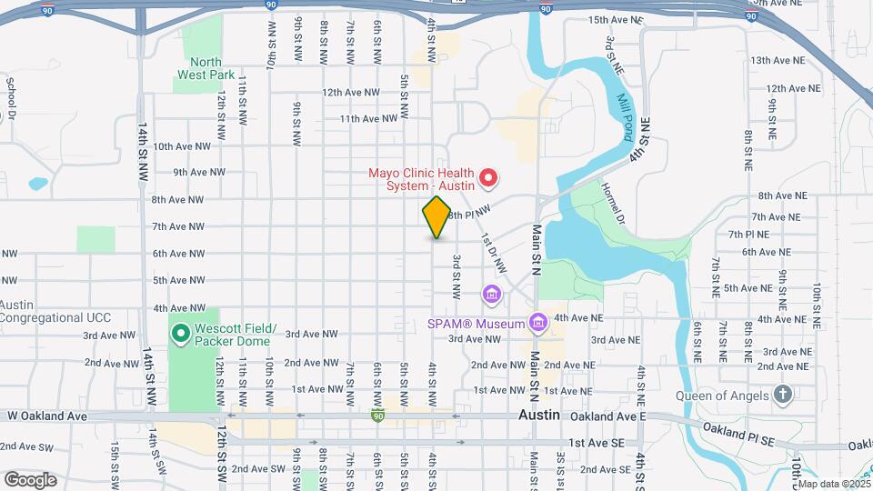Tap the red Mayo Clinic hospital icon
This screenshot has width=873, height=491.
[488, 177]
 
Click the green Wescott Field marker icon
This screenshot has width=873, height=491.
[180, 335]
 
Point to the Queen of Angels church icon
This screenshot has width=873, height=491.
[781, 395]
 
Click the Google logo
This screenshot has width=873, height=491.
[30, 479]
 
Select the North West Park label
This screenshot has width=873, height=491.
[206, 68]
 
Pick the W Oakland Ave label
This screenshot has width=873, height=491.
[46, 416]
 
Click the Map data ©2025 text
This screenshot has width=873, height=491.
[832, 483]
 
